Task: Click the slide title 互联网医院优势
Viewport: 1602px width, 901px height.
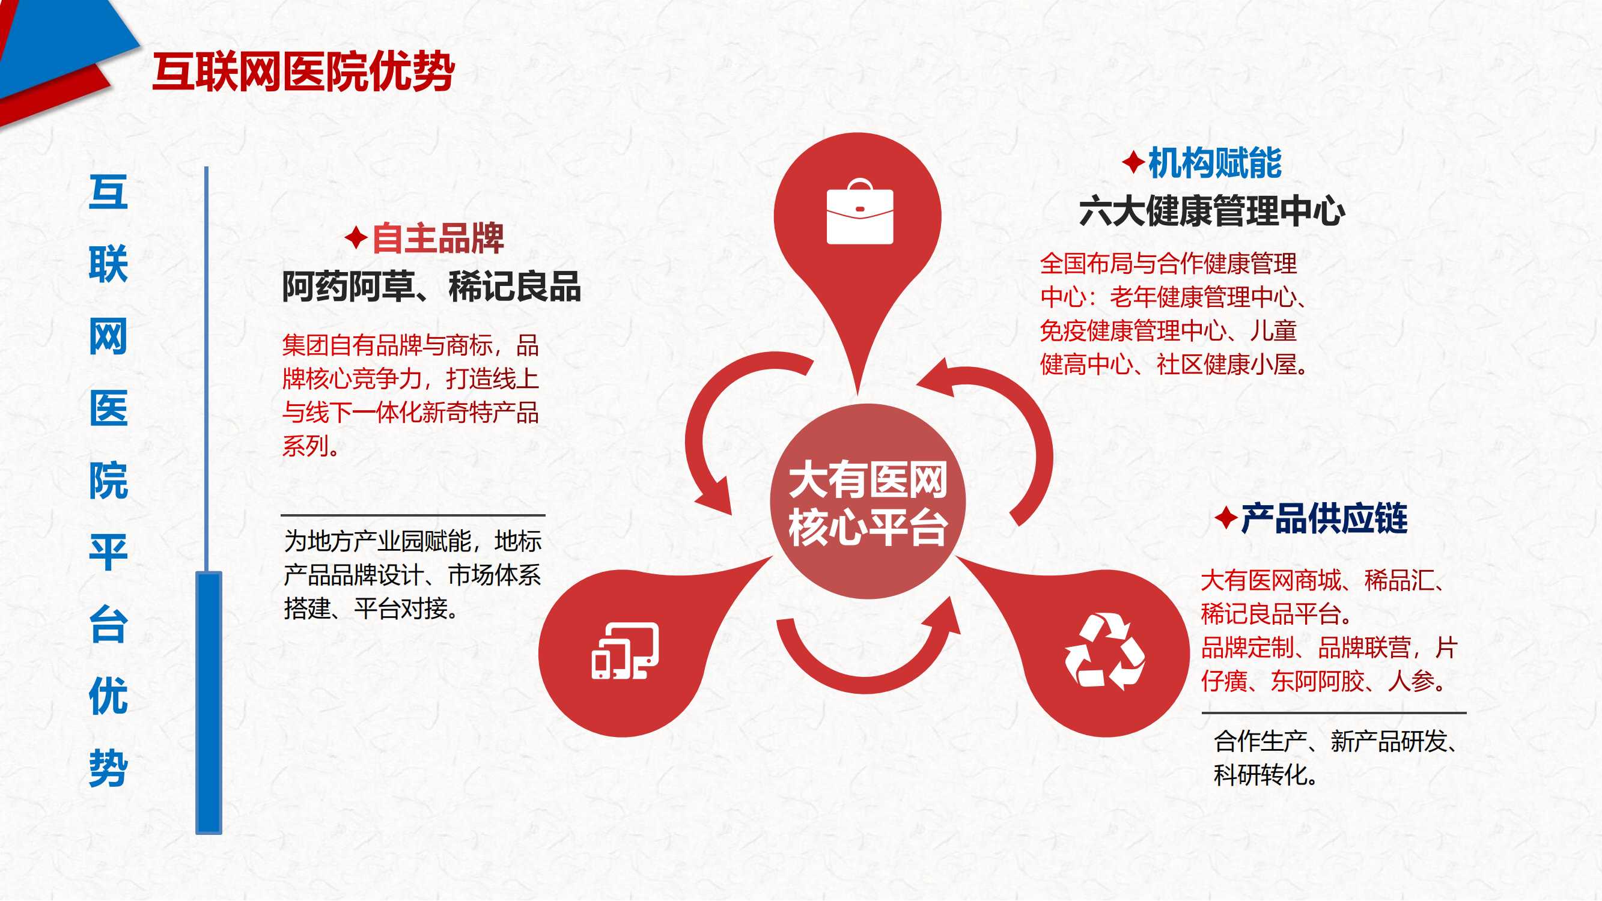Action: click(x=303, y=72)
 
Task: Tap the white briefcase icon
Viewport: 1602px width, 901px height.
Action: click(x=859, y=211)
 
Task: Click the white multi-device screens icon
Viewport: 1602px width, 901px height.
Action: click(x=625, y=651)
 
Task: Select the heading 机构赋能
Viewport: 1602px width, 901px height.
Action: click(x=1214, y=163)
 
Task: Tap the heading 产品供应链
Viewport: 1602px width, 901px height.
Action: click(x=1324, y=518)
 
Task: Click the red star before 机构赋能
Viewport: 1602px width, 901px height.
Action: click(x=1133, y=163)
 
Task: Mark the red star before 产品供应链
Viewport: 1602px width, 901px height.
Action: click(x=1226, y=518)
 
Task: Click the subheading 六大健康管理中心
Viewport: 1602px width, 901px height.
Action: click(x=1212, y=211)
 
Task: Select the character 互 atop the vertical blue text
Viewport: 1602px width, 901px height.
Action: click(x=108, y=192)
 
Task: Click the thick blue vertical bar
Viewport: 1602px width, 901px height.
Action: click(x=209, y=703)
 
